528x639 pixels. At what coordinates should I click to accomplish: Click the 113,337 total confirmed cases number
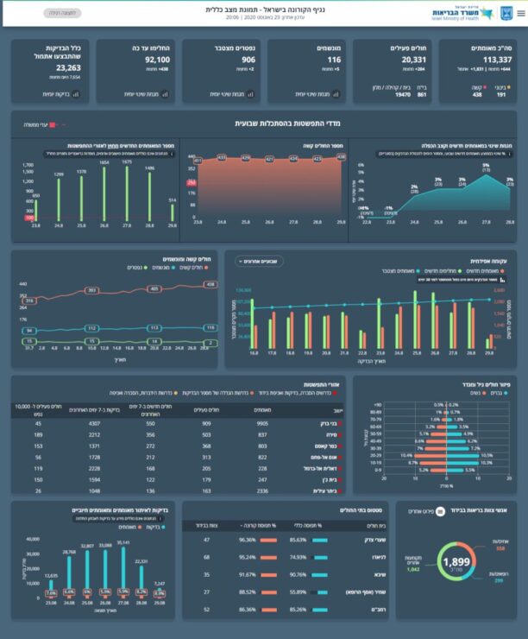point(479,60)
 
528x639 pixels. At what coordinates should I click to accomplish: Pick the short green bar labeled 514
point(172,212)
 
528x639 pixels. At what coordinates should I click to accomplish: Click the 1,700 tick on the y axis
point(28,163)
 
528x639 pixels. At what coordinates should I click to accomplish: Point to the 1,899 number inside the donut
point(454,563)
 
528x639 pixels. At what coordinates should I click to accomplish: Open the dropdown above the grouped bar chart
point(260,260)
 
